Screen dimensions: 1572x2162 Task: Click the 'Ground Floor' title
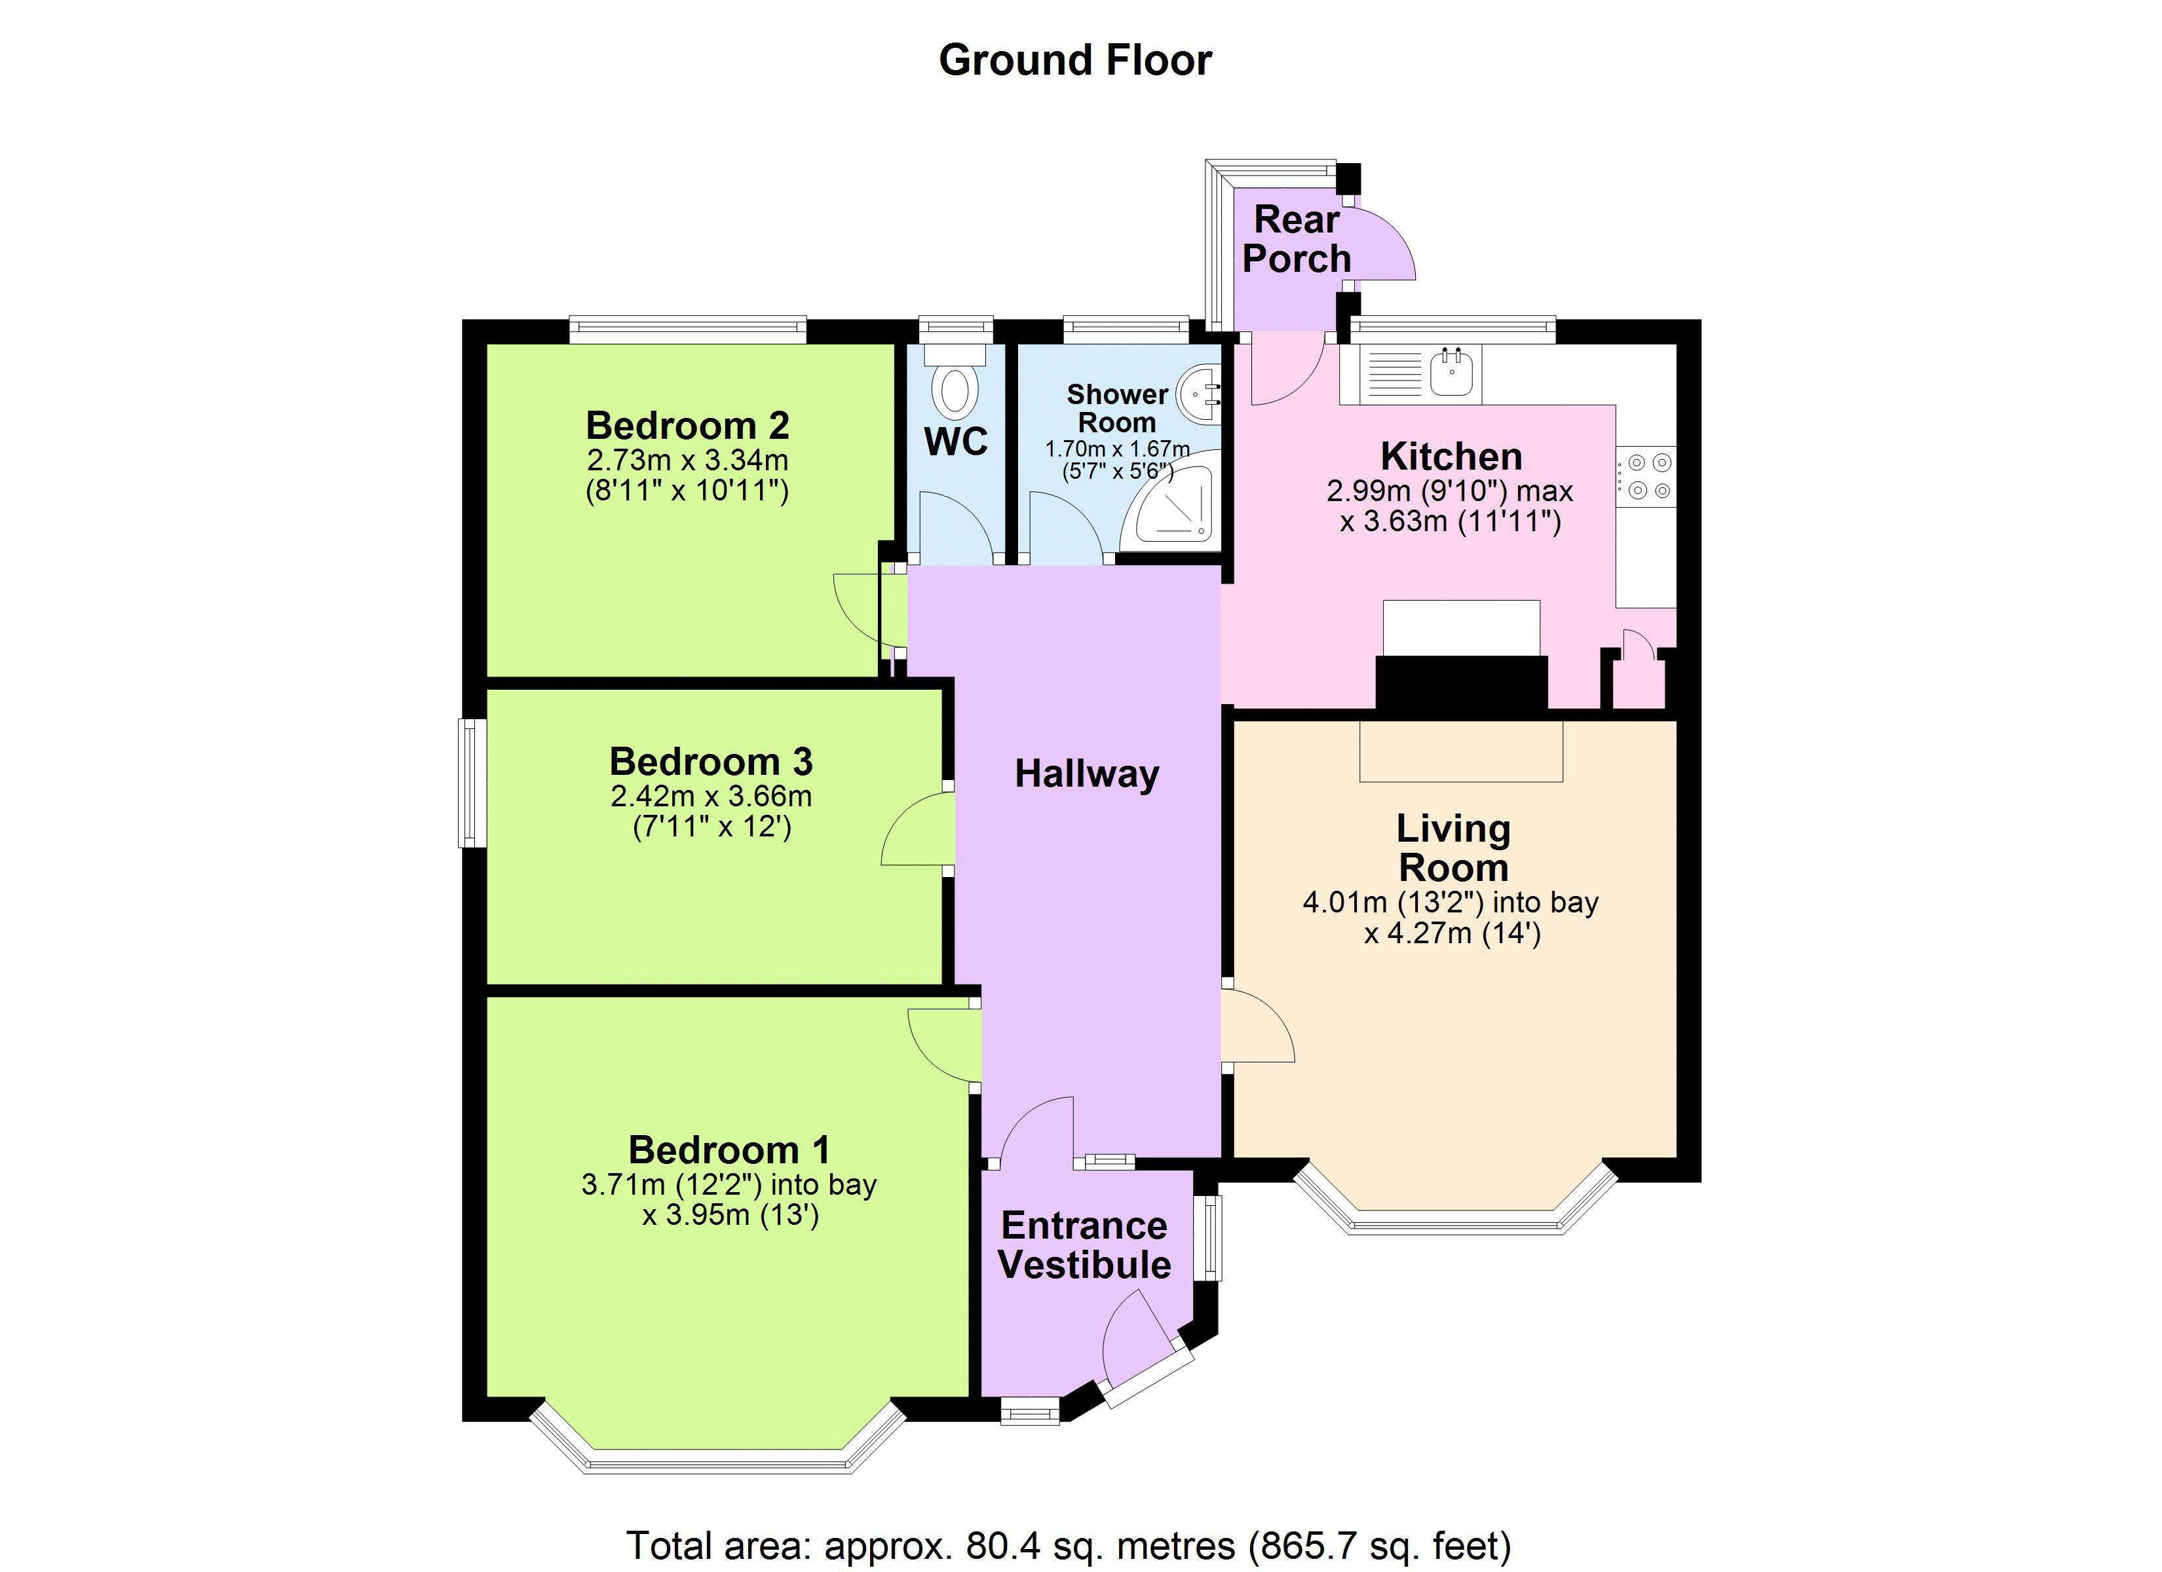(x=1074, y=60)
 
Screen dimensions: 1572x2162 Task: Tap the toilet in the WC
(x=955, y=386)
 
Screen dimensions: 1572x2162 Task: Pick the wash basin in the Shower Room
(x=1199, y=394)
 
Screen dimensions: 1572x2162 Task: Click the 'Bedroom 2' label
(x=687, y=425)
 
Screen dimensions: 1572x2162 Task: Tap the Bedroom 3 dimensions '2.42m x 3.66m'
(x=711, y=795)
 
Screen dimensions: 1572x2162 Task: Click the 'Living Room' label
(x=1452, y=848)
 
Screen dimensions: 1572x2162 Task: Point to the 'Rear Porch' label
(x=1297, y=239)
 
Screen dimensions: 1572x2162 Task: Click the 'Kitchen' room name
(x=1451, y=457)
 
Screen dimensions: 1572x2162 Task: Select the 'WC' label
(x=956, y=441)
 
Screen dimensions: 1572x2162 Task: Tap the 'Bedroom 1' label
(x=729, y=1150)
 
